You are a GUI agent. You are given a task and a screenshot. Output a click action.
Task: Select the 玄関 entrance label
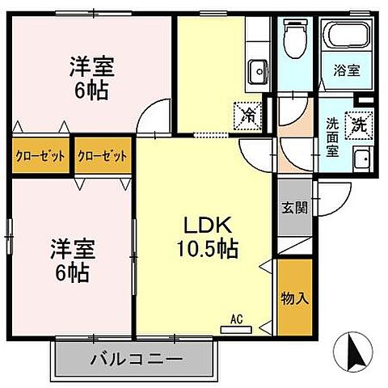click(294, 207)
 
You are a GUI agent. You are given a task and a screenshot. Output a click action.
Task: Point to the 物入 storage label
click(294, 297)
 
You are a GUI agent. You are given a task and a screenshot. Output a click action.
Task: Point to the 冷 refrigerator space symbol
click(250, 115)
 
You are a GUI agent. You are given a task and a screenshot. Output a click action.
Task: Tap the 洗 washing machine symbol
click(357, 125)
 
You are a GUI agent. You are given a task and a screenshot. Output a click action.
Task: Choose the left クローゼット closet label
click(40, 156)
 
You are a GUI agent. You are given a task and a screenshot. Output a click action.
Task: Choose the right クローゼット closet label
click(103, 156)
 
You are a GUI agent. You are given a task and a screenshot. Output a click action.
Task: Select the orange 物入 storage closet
click(294, 297)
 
